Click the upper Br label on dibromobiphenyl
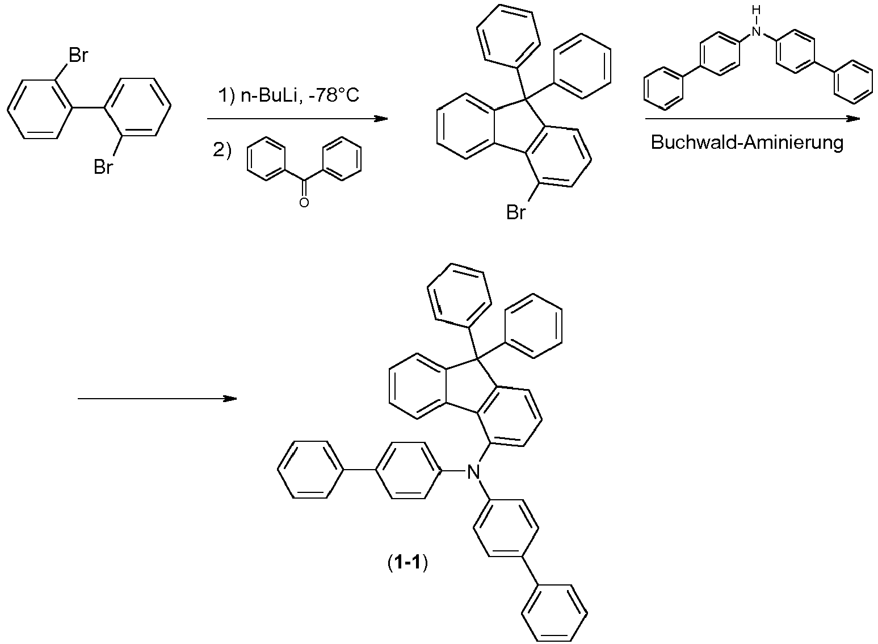click(78, 56)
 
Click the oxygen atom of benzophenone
click(304, 202)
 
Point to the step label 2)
click(222, 151)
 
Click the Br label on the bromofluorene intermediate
click(516, 214)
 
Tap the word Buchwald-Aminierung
click(747, 142)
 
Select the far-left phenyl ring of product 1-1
click(312, 471)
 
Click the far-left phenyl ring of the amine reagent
click(664, 87)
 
